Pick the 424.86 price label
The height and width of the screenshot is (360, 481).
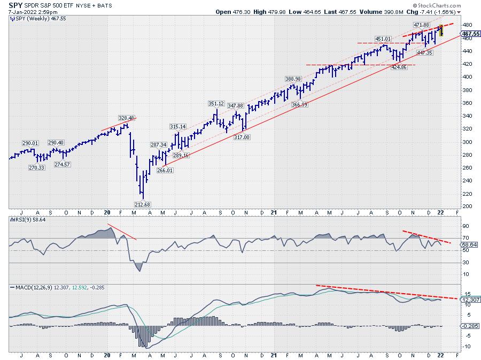(399, 67)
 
